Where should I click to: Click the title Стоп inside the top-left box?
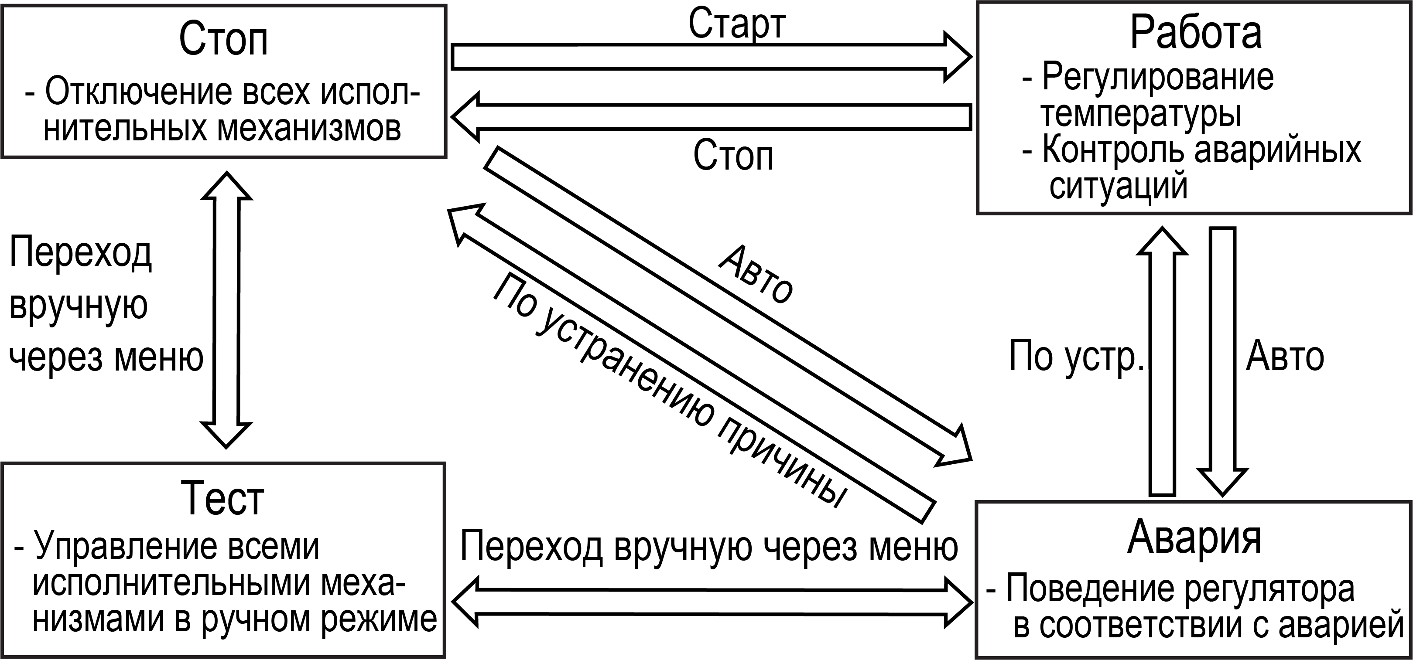click(x=223, y=40)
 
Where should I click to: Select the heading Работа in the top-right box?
click(x=1196, y=33)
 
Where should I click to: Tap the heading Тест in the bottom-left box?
click(x=222, y=498)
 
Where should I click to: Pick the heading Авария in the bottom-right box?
click(x=1194, y=537)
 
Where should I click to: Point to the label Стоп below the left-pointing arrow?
click(x=733, y=156)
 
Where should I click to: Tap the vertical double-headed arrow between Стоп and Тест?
click(x=226, y=310)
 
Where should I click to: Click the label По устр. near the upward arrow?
click(x=1076, y=356)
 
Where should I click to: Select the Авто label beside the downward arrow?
click(x=1285, y=356)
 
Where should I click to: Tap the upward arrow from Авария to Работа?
click(x=1162, y=362)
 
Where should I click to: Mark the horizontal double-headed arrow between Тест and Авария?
click(x=712, y=602)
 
